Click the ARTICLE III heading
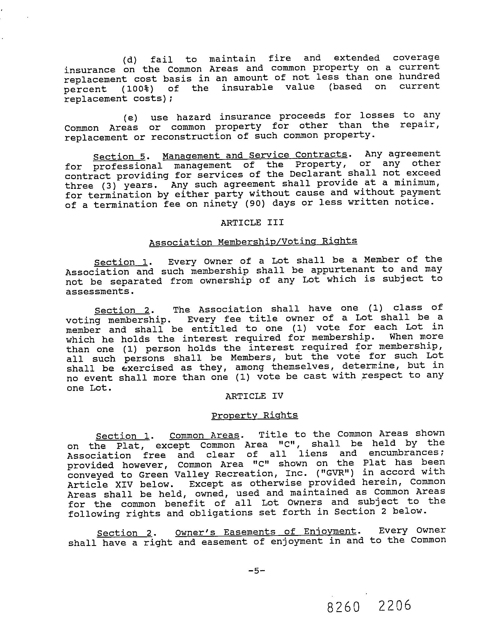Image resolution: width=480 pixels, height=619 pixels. (x=252, y=223)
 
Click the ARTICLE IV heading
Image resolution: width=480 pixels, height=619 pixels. (x=254, y=396)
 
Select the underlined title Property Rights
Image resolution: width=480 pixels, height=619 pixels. (x=254, y=415)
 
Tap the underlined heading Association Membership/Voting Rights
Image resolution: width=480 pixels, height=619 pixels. (x=253, y=241)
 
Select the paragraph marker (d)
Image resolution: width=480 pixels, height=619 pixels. (x=130, y=60)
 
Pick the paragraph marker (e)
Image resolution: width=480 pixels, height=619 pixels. (x=130, y=118)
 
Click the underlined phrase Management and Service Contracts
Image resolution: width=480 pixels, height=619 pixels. (x=255, y=155)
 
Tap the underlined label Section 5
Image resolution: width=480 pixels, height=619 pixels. (x=119, y=157)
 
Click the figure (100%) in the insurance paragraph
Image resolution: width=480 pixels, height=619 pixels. (x=137, y=89)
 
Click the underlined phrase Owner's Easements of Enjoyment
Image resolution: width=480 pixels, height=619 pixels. (x=266, y=532)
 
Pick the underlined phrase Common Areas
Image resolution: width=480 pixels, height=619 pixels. (x=204, y=435)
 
